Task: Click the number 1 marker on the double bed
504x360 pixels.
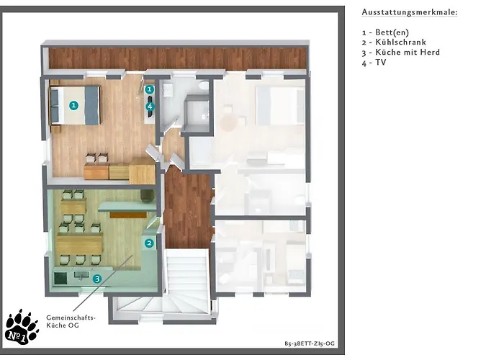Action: tap(74, 105)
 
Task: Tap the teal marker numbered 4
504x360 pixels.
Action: tap(150, 106)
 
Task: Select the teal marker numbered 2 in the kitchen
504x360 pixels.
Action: tap(149, 243)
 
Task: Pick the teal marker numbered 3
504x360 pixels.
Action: tap(97, 279)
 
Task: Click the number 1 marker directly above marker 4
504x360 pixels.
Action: tap(150, 89)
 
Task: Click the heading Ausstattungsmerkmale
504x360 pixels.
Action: tap(410, 12)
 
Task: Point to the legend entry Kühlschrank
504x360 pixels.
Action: tap(394, 42)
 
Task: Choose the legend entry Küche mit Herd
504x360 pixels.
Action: tap(401, 52)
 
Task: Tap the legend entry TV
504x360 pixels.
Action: tap(374, 63)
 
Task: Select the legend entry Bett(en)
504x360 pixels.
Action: tap(385, 32)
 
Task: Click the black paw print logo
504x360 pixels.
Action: tap(22, 327)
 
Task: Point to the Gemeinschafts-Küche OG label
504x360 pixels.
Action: tap(71, 321)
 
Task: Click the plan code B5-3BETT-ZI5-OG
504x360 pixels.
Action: tap(310, 343)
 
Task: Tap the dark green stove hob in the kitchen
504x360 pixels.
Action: tap(60, 279)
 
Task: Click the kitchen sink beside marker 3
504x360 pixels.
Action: tap(81, 275)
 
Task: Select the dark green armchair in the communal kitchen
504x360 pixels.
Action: tap(148, 195)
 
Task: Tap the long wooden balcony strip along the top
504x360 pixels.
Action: tap(177, 58)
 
